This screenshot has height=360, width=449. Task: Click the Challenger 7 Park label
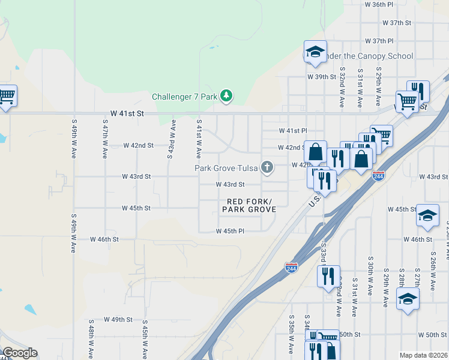pos(185,97)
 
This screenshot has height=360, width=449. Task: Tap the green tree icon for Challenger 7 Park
pos(226,95)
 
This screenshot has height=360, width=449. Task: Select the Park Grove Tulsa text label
pos(225,168)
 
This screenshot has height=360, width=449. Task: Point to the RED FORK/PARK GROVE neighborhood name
pos(249,205)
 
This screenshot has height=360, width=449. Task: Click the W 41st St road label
pos(128,113)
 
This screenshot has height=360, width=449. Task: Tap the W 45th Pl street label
pos(231,231)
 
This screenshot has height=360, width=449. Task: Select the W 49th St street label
pos(118,319)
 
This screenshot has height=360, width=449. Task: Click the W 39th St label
pos(322,77)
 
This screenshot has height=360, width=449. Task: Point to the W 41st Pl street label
pos(293,131)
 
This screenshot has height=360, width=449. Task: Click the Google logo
pos(20,353)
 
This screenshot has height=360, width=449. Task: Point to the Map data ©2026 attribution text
pos(423,355)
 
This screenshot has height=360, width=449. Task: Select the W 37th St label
pos(397,23)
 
